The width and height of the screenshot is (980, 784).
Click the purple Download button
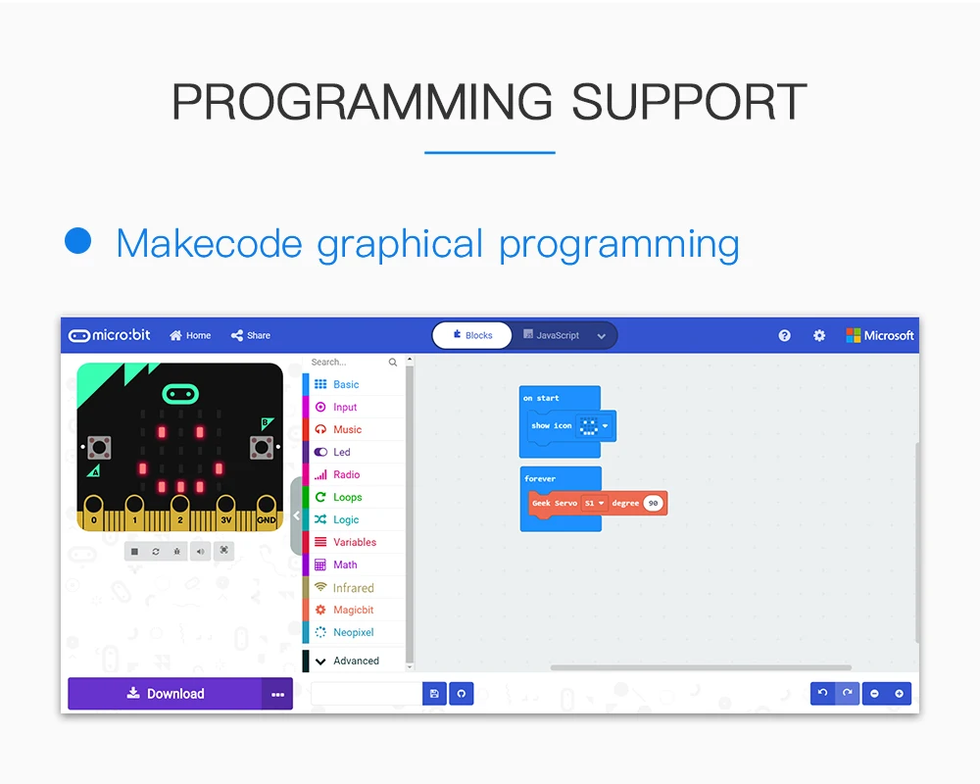(165, 693)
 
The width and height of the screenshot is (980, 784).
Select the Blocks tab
(472, 335)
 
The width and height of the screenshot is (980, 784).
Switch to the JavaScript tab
(552, 335)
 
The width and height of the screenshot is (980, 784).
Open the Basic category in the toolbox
(346, 384)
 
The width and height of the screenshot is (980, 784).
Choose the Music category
(347, 429)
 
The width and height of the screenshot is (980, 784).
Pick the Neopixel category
(353, 632)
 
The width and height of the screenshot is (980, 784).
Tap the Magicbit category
(353, 610)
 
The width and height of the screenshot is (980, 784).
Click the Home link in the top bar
(191, 336)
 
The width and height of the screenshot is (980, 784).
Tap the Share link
(251, 336)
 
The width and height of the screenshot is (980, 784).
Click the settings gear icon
(818, 336)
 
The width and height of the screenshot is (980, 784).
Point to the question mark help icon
(784, 336)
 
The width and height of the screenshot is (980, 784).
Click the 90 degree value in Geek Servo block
(653, 504)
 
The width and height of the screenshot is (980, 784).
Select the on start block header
(541, 398)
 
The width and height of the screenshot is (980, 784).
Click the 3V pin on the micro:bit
(225, 513)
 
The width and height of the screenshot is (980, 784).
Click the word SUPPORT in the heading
(689, 101)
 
